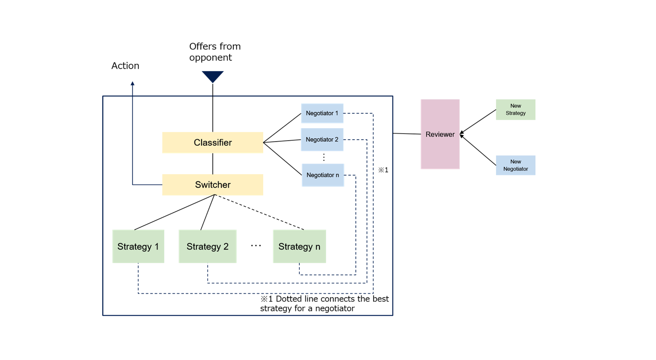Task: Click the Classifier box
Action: (212, 143)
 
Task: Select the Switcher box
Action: (212, 185)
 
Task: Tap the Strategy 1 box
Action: (138, 246)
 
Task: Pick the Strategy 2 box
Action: (207, 246)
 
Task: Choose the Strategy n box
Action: (299, 246)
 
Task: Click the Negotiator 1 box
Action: (322, 113)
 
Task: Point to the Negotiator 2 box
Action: (322, 140)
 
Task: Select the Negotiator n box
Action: (323, 175)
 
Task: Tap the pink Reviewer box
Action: (440, 134)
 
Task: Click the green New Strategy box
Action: (515, 109)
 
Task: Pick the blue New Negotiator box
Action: (515, 165)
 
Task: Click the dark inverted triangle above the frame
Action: (213, 76)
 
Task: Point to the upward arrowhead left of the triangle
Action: (133, 84)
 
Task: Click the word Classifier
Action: (213, 143)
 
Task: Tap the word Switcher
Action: (213, 185)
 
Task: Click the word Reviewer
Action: (440, 134)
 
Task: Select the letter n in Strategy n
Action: (317, 247)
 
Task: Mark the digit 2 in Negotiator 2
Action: (337, 140)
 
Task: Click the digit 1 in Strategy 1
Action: (156, 247)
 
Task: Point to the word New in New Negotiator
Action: (516, 162)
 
